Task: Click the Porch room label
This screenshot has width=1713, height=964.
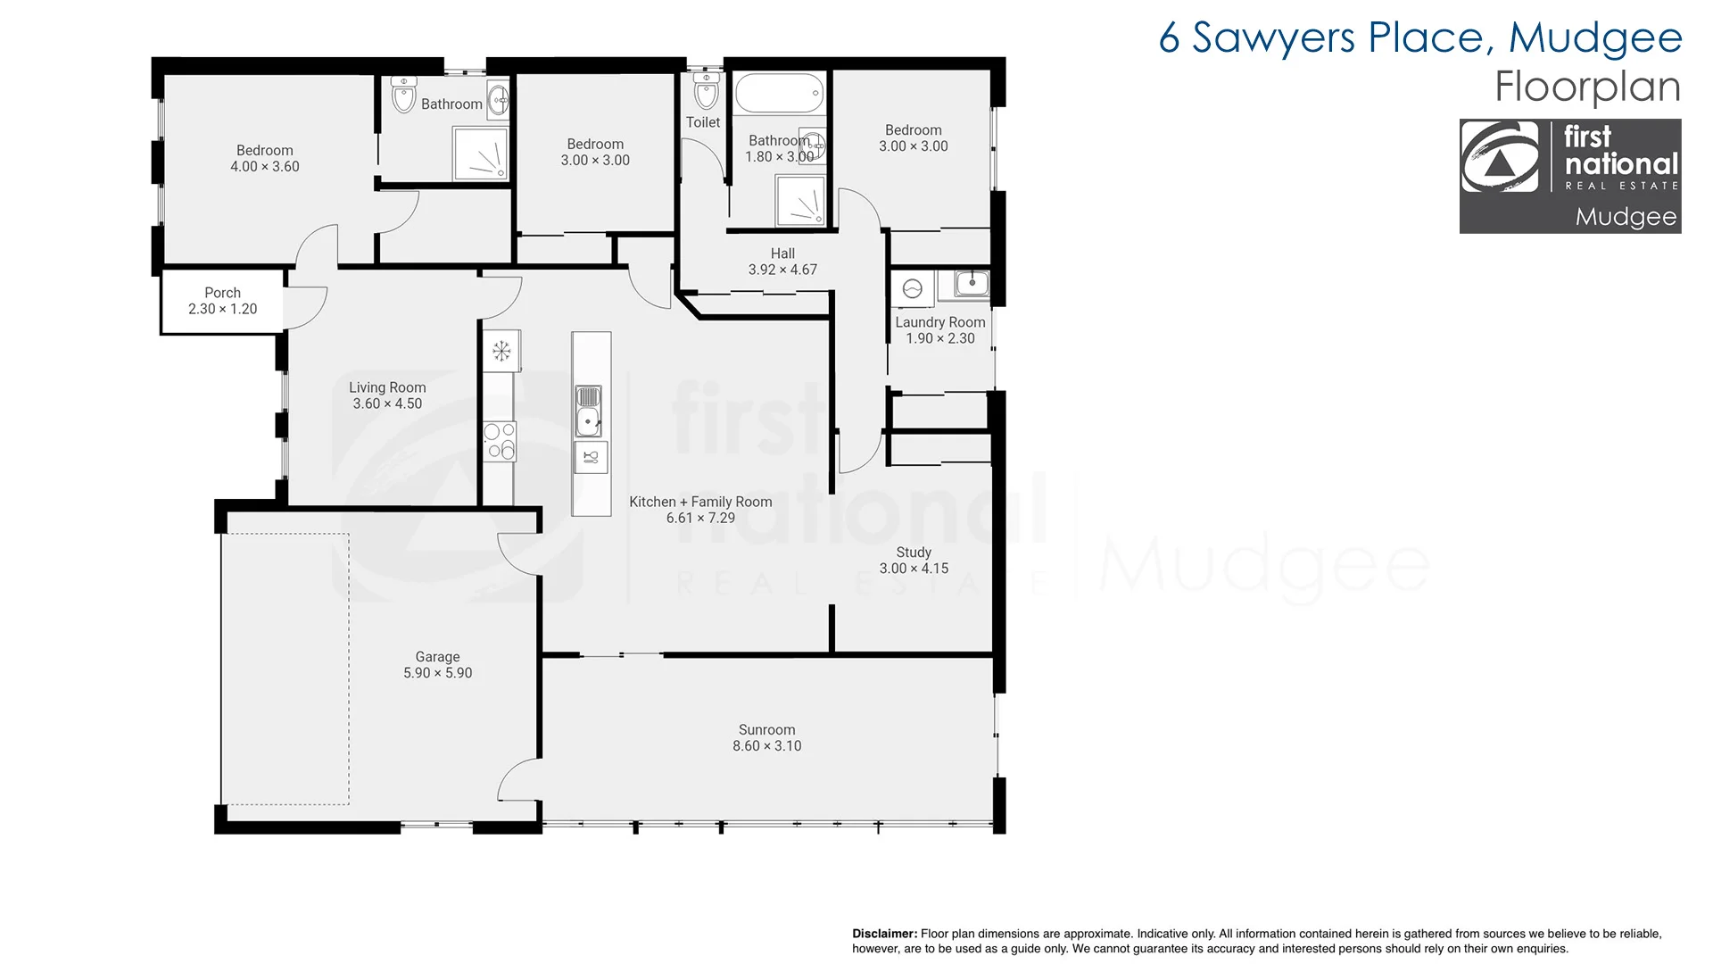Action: tap(222, 293)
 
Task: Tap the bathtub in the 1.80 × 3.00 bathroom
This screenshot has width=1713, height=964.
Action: tap(779, 93)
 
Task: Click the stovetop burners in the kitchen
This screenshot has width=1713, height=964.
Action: tap(500, 441)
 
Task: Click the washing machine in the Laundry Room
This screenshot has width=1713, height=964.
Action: tap(912, 289)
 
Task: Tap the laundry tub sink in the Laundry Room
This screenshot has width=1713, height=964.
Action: tap(971, 285)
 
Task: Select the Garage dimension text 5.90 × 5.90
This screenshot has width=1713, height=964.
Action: tap(437, 673)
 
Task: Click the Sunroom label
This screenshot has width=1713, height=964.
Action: tap(766, 729)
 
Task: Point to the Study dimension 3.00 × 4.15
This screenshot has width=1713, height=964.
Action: tap(914, 569)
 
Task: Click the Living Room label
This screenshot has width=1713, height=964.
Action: tap(387, 387)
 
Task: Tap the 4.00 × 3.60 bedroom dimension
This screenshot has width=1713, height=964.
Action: tap(265, 167)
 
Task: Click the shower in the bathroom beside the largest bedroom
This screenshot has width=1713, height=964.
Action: tap(480, 154)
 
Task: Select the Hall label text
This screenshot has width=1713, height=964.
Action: tap(782, 253)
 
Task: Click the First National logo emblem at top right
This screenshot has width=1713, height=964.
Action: tap(1500, 158)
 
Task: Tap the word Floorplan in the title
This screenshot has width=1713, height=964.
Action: tap(1587, 87)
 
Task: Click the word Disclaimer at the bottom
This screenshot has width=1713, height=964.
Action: tap(884, 934)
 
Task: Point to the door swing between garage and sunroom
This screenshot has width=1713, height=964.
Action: tap(517, 779)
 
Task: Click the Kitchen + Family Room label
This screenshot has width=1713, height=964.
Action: tap(700, 502)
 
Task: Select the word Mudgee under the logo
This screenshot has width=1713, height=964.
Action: tap(1625, 217)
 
